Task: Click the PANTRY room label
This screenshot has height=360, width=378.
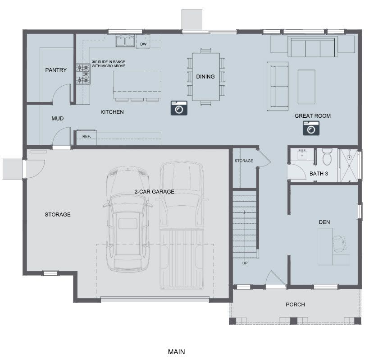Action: pos(56,70)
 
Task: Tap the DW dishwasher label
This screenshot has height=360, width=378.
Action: pos(143,44)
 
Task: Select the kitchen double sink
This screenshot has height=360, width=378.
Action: pos(125,41)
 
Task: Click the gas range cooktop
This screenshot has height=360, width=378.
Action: pos(83,74)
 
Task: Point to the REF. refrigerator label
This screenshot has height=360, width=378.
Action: pos(87,136)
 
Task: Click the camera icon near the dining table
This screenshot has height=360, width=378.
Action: pos(179,108)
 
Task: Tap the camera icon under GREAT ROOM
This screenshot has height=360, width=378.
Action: pos(311,128)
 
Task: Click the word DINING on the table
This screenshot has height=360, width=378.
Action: pos(205,77)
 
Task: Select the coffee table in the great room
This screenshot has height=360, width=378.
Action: pos(306,87)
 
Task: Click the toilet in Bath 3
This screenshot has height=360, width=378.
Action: pos(327,157)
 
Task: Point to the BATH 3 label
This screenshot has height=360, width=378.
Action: pos(319,174)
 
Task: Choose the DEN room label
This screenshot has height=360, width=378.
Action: pos(324,222)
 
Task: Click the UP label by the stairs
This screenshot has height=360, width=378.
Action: pos(245,263)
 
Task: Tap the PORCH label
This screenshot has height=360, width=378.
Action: pos(295,305)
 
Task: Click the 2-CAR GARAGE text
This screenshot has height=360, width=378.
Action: pos(154,192)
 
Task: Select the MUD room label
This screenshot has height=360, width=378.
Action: pos(58,119)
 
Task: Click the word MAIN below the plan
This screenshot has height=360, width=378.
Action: pos(177,352)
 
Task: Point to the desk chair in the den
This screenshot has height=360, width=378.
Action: pos(340,244)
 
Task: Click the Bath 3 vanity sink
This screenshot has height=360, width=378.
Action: pos(302,155)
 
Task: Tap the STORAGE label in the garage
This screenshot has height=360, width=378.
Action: pos(58,214)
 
